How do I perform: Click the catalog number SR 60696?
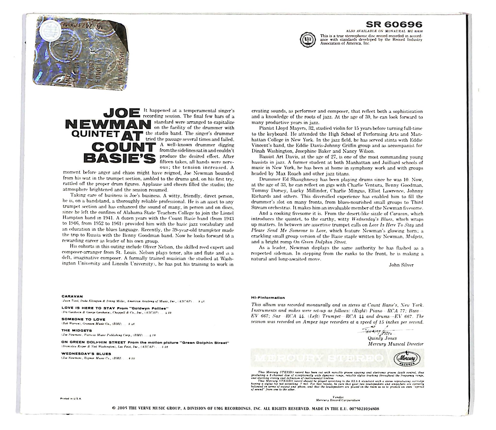click(394, 24)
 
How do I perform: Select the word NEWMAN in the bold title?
click(107, 125)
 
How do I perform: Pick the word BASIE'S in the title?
click(120, 158)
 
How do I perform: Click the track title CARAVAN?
click(72, 296)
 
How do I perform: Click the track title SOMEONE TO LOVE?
click(83, 319)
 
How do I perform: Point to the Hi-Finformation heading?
click(268, 298)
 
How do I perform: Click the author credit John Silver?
click(401, 265)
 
